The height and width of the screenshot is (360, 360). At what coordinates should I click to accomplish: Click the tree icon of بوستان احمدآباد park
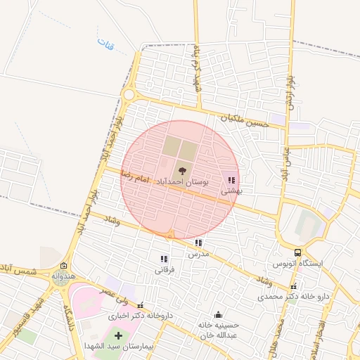click(182, 169)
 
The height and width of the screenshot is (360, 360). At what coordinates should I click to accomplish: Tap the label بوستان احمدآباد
click(182, 181)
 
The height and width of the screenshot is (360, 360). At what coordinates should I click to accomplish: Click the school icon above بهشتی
click(231, 181)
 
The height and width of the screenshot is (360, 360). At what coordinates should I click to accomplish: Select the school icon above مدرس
click(198, 243)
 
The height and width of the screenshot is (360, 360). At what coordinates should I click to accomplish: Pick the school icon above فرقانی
click(165, 259)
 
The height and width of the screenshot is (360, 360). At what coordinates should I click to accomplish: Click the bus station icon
click(298, 252)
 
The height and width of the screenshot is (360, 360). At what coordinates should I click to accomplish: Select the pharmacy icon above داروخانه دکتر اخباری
click(141, 305)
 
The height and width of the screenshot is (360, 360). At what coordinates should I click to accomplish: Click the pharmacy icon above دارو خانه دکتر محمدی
click(294, 287)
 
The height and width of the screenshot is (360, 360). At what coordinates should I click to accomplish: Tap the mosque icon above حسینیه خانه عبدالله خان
click(218, 314)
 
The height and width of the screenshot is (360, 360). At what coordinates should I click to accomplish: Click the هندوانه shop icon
click(64, 265)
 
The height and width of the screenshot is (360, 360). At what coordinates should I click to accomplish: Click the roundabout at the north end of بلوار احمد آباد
click(129, 94)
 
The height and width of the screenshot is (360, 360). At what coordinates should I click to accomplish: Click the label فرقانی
click(165, 269)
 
